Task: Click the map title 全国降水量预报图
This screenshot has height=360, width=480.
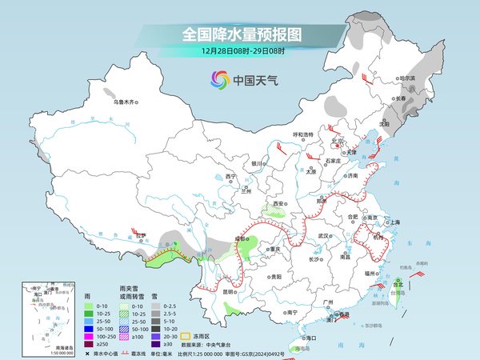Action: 242,35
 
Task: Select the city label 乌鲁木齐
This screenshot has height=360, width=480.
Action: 126,102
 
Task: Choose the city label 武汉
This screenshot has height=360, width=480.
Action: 324,236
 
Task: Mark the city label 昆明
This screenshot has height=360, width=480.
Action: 230,291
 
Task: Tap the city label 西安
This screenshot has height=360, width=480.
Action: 279,204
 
